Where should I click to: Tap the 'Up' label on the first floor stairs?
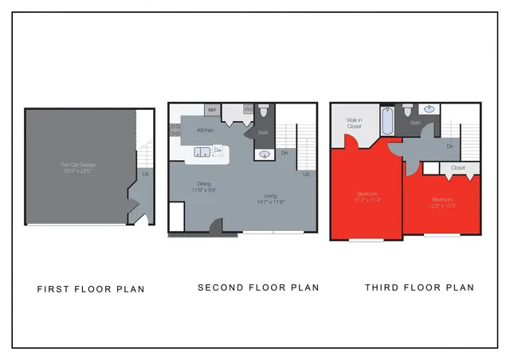pyautogui.click(x=145, y=174)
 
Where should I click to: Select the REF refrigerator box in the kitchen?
pyautogui.click(x=212, y=111)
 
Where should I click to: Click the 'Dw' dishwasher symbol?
pyautogui.click(x=217, y=149)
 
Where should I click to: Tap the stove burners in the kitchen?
pyautogui.click(x=175, y=130)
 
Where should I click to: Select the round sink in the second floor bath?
pyautogui.click(x=265, y=155)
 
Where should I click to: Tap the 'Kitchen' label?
pyautogui.click(x=206, y=130)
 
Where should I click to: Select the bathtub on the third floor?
pyautogui.click(x=387, y=121)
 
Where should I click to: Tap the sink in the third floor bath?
pyautogui.click(x=430, y=109)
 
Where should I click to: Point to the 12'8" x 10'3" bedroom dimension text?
pyautogui.click(x=441, y=205)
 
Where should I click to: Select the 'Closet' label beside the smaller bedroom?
pyautogui.click(x=457, y=168)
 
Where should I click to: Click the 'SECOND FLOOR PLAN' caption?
pyautogui.click(x=258, y=288)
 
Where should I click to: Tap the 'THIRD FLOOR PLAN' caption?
pyautogui.click(x=419, y=288)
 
